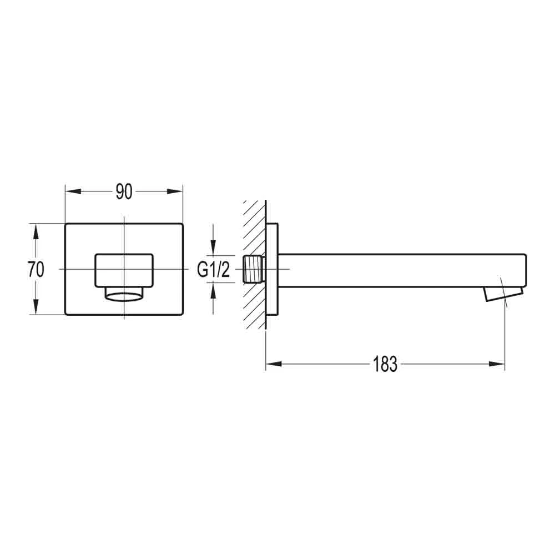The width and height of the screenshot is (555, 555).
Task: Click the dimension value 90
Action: click(x=124, y=192)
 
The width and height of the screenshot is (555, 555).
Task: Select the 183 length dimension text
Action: click(x=385, y=365)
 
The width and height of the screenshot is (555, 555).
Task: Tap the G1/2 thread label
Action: click(x=214, y=270)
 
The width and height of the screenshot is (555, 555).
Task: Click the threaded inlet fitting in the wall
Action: click(x=254, y=269)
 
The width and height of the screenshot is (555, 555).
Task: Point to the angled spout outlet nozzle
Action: click(x=503, y=294)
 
